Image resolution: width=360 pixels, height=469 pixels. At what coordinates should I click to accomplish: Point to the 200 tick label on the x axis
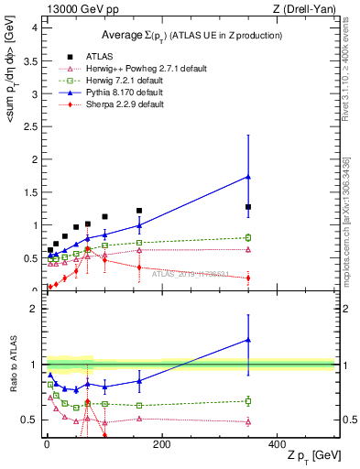click(161, 444)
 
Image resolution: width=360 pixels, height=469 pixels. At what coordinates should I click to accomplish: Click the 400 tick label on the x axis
click(277, 444)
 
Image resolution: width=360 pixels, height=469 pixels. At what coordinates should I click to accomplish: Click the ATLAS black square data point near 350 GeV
click(247, 207)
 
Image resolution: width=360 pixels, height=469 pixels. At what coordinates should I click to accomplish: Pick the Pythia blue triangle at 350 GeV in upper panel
click(247, 176)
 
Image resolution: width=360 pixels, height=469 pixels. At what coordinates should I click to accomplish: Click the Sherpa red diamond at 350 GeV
click(247, 278)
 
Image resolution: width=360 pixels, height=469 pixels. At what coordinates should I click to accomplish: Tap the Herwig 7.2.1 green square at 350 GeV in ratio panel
click(247, 400)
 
